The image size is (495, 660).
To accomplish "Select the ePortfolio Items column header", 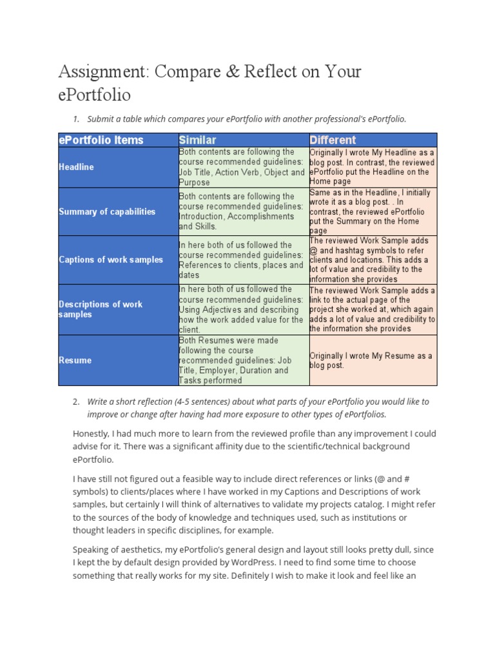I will [x=101, y=140].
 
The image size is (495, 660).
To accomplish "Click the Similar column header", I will [x=198, y=140].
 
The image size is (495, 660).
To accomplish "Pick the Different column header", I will [x=333, y=140].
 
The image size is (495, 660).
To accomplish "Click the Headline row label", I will [x=76, y=167].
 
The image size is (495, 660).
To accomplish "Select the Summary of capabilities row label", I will [x=107, y=211].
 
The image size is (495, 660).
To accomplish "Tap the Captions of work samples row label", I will [x=111, y=260].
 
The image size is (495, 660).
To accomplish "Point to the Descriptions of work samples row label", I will [x=101, y=309].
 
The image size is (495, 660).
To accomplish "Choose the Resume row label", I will [x=75, y=360].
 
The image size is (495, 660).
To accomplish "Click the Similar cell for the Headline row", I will [x=242, y=167].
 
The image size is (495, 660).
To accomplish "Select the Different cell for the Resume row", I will [x=371, y=360].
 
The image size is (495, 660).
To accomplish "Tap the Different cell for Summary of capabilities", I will [x=371, y=211].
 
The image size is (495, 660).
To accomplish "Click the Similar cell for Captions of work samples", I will [x=242, y=260].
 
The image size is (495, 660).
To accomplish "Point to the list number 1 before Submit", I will [x=75, y=119].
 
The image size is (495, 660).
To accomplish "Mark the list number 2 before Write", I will [x=75, y=402].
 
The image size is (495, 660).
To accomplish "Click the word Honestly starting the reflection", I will [x=92, y=434].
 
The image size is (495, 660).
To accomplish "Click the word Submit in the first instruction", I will [x=100, y=119].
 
